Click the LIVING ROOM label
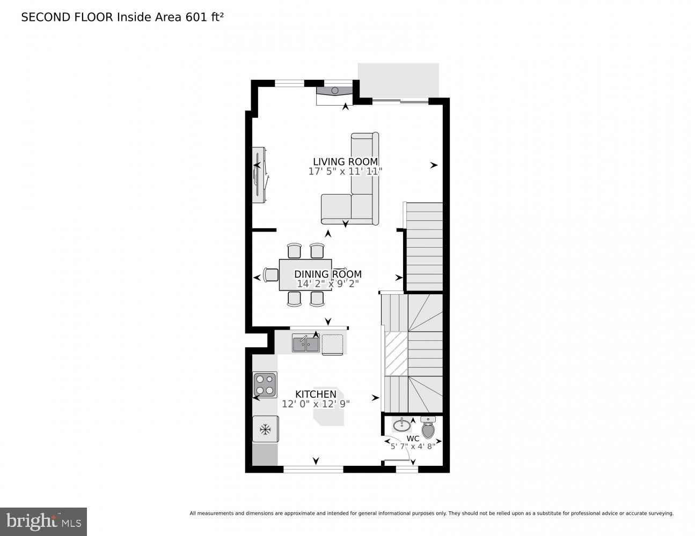click(x=345, y=161)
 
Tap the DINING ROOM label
click(x=327, y=274)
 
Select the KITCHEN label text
click(x=316, y=394)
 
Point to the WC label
click(x=413, y=438)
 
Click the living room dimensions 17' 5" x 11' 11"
click(x=345, y=172)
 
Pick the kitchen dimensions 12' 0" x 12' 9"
click(x=316, y=404)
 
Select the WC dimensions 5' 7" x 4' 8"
click(x=413, y=446)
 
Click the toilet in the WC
click(x=428, y=428)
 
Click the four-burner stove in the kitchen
click(x=265, y=384)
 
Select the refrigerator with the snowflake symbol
click(x=265, y=429)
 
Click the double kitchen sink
click(x=305, y=343)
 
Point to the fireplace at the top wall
click(x=334, y=92)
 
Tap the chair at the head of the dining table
click(x=271, y=274)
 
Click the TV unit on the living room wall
click(x=259, y=175)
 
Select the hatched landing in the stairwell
click(x=396, y=353)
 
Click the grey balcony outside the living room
click(x=398, y=80)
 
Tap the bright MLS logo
click(x=43, y=522)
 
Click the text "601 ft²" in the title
click(x=204, y=17)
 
